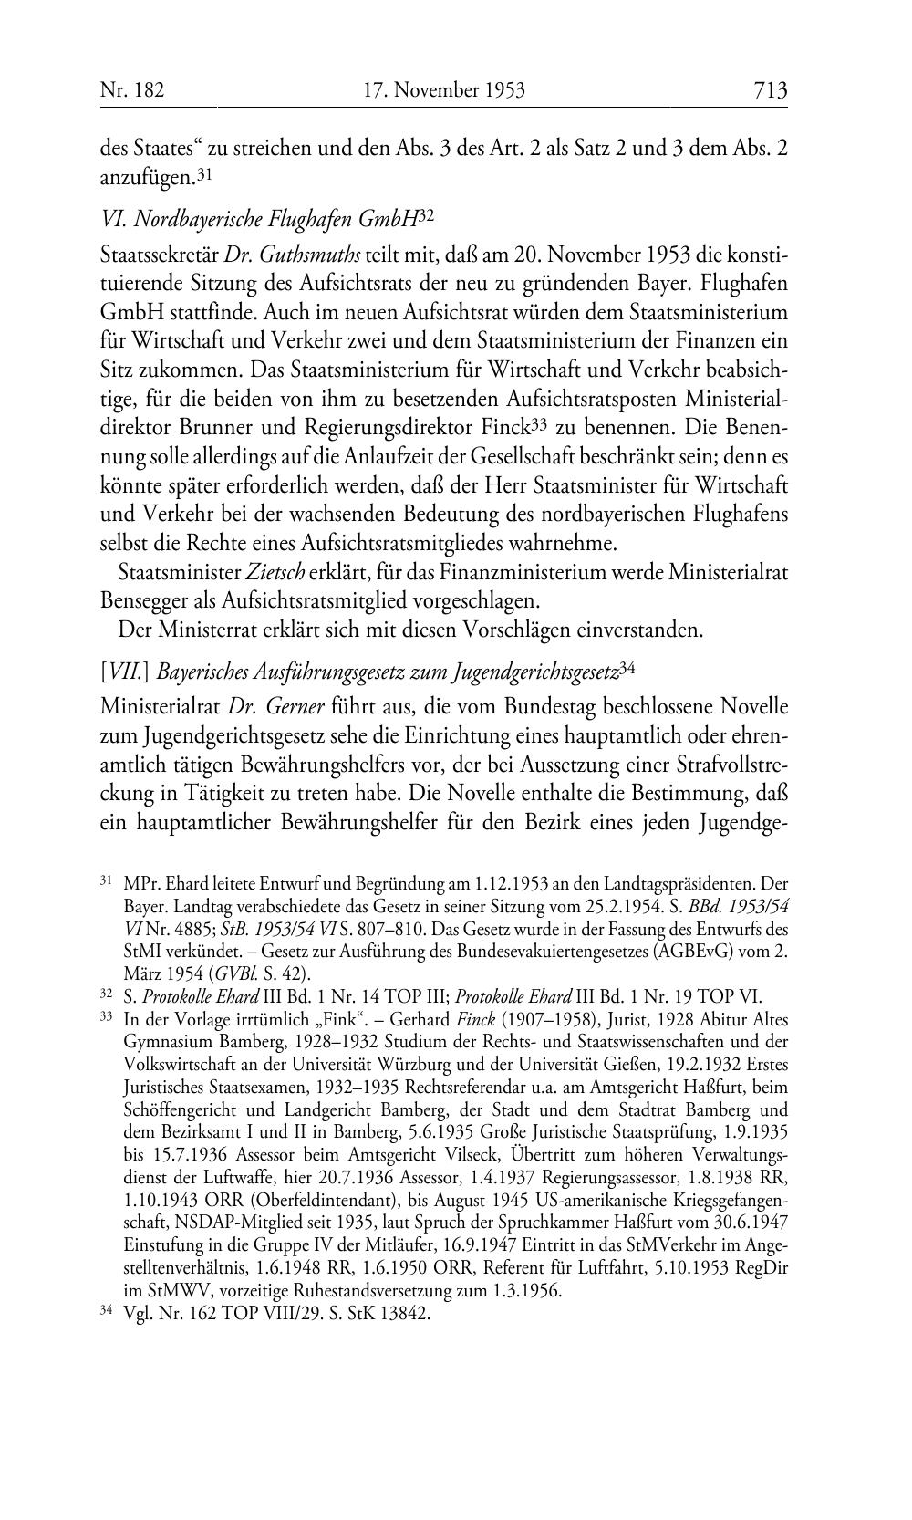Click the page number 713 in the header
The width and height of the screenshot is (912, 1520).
[x=770, y=90]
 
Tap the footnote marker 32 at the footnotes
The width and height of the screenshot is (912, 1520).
[x=106, y=995]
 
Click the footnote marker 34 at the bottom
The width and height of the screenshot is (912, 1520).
[x=106, y=1314]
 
